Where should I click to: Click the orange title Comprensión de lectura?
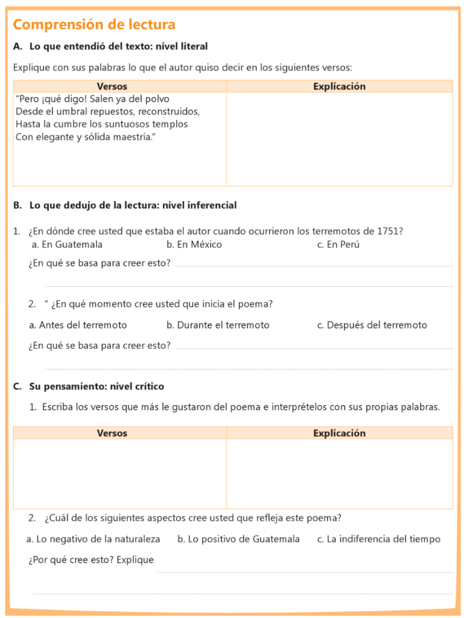click(x=94, y=25)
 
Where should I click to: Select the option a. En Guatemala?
click(x=67, y=244)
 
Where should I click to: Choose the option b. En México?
click(x=194, y=244)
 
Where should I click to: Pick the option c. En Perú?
click(x=338, y=244)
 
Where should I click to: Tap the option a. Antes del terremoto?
click(x=78, y=325)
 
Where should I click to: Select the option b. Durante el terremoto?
click(x=218, y=325)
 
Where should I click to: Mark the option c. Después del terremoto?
click(x=372, y=325)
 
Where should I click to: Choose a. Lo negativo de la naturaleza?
click(x=93, y=539)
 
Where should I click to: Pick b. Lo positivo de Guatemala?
click(x=238, y=539)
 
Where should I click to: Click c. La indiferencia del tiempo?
click(x=378, y=539)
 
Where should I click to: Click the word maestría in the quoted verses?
click(x=127, y=137)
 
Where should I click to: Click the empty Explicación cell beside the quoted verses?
click(x=339, y=139)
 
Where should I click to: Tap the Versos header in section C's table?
click(x=112, y=433)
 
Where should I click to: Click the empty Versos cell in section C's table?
click(x=119, y=473)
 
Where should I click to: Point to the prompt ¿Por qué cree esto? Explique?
click(x=91, y=560)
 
